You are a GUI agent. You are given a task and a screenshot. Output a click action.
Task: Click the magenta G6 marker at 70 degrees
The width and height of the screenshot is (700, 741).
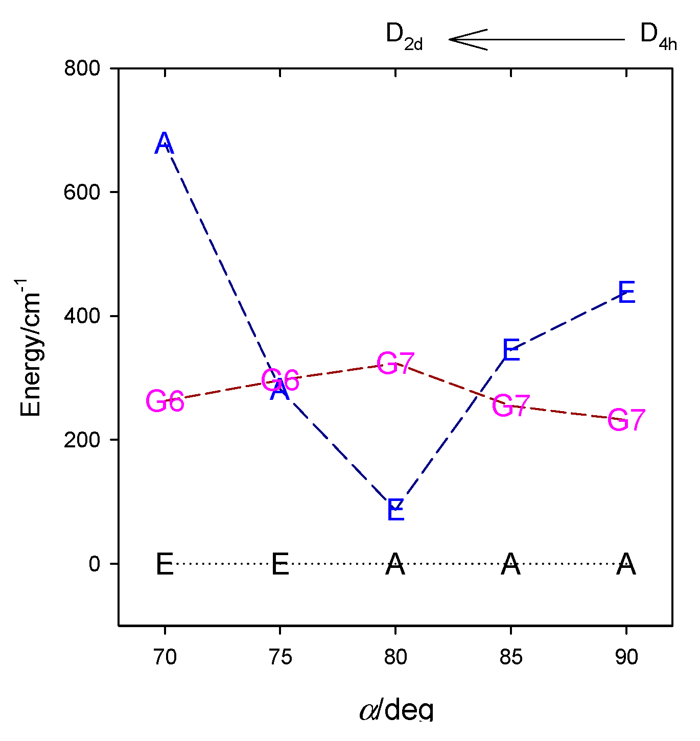165,401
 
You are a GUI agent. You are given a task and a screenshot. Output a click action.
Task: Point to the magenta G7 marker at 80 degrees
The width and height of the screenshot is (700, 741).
395,364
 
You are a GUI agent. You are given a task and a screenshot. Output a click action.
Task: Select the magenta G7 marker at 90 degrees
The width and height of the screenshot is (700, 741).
626,420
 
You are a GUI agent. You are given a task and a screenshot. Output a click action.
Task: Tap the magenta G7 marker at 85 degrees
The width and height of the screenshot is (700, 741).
511,406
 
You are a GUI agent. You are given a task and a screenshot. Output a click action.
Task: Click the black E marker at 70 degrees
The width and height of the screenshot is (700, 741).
165,565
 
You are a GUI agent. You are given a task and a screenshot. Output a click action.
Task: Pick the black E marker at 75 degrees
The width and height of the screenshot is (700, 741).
280,565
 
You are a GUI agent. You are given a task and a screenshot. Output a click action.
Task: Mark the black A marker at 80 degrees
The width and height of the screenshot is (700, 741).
395,565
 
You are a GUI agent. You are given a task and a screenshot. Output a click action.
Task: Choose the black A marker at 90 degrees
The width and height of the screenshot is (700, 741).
626,565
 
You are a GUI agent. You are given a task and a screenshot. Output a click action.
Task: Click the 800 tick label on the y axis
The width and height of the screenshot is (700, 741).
82,68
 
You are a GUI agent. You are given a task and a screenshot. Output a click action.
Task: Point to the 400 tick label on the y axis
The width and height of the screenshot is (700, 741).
82,316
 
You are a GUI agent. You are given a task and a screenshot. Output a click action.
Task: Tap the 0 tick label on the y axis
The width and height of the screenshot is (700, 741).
95,564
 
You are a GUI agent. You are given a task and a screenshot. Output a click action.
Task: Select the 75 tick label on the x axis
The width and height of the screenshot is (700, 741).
280,657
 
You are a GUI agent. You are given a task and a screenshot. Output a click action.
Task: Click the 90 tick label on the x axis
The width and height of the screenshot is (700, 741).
626,657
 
